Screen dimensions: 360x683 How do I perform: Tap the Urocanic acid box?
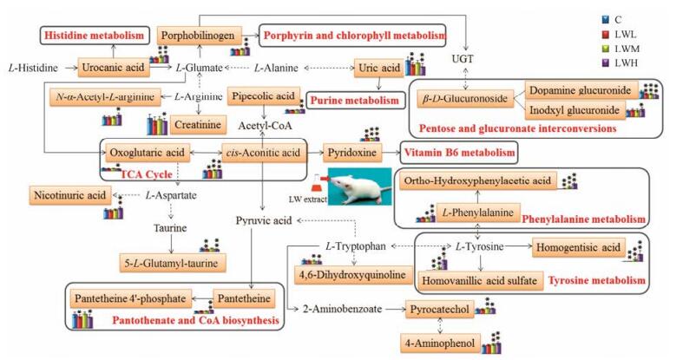pyautogui.click(x=112, y=65)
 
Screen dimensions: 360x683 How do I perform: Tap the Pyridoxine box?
pyautogui.click(x=351, y=152)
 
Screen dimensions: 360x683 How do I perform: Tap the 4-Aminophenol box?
pyautogui.click(x=437, y=339)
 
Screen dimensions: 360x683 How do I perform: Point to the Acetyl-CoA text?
pyautogui.click(x=259, y=125)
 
